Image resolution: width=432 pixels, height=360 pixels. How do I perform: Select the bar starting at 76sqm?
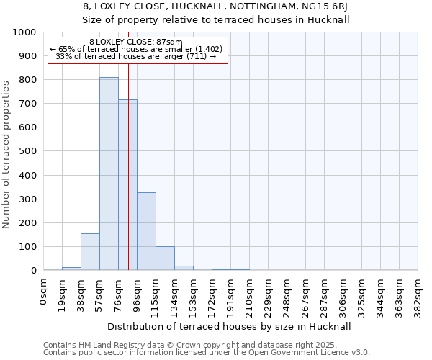click(x=127, y=185)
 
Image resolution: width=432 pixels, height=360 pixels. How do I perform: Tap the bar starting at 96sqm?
click(x=146, y=231)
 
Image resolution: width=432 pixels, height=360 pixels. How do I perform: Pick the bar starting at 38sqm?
click(x=90, y=252)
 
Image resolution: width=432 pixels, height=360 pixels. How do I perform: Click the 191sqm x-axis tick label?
click(x=230, y=296)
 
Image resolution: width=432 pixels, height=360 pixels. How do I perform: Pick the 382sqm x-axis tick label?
click(x=418, y=296)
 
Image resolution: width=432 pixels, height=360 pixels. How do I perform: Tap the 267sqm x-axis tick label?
click(x=305, y=296)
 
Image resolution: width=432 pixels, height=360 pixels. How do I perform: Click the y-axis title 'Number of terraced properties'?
click(x=6, y=154)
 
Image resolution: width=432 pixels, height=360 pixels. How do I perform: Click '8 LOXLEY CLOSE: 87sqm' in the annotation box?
click(x=136, y=42)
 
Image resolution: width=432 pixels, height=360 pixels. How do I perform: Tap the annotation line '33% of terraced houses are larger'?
click(x=136, y=56)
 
